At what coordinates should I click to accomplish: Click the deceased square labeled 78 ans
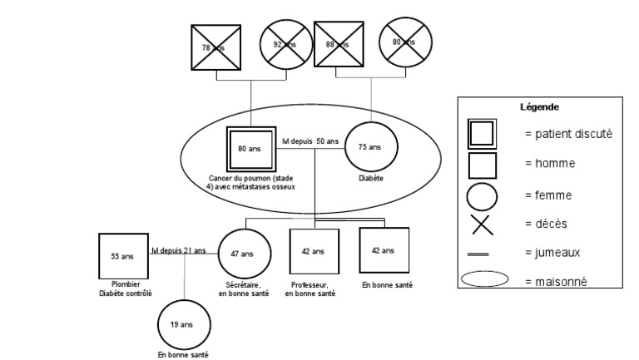coord(217,48)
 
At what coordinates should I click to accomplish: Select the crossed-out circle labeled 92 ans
coord(285,46)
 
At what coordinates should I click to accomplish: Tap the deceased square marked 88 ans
coord(339,46)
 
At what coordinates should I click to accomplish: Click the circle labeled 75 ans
coord(369,147)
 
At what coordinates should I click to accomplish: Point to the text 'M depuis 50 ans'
coord(310,141)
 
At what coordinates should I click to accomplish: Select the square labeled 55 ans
coord(123,257)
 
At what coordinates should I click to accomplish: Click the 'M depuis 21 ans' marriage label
coord(178,250)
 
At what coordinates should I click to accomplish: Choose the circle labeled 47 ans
coord(242,254)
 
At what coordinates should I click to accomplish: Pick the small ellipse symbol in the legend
coord(483,280)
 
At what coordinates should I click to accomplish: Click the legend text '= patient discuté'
coord(569,134)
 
